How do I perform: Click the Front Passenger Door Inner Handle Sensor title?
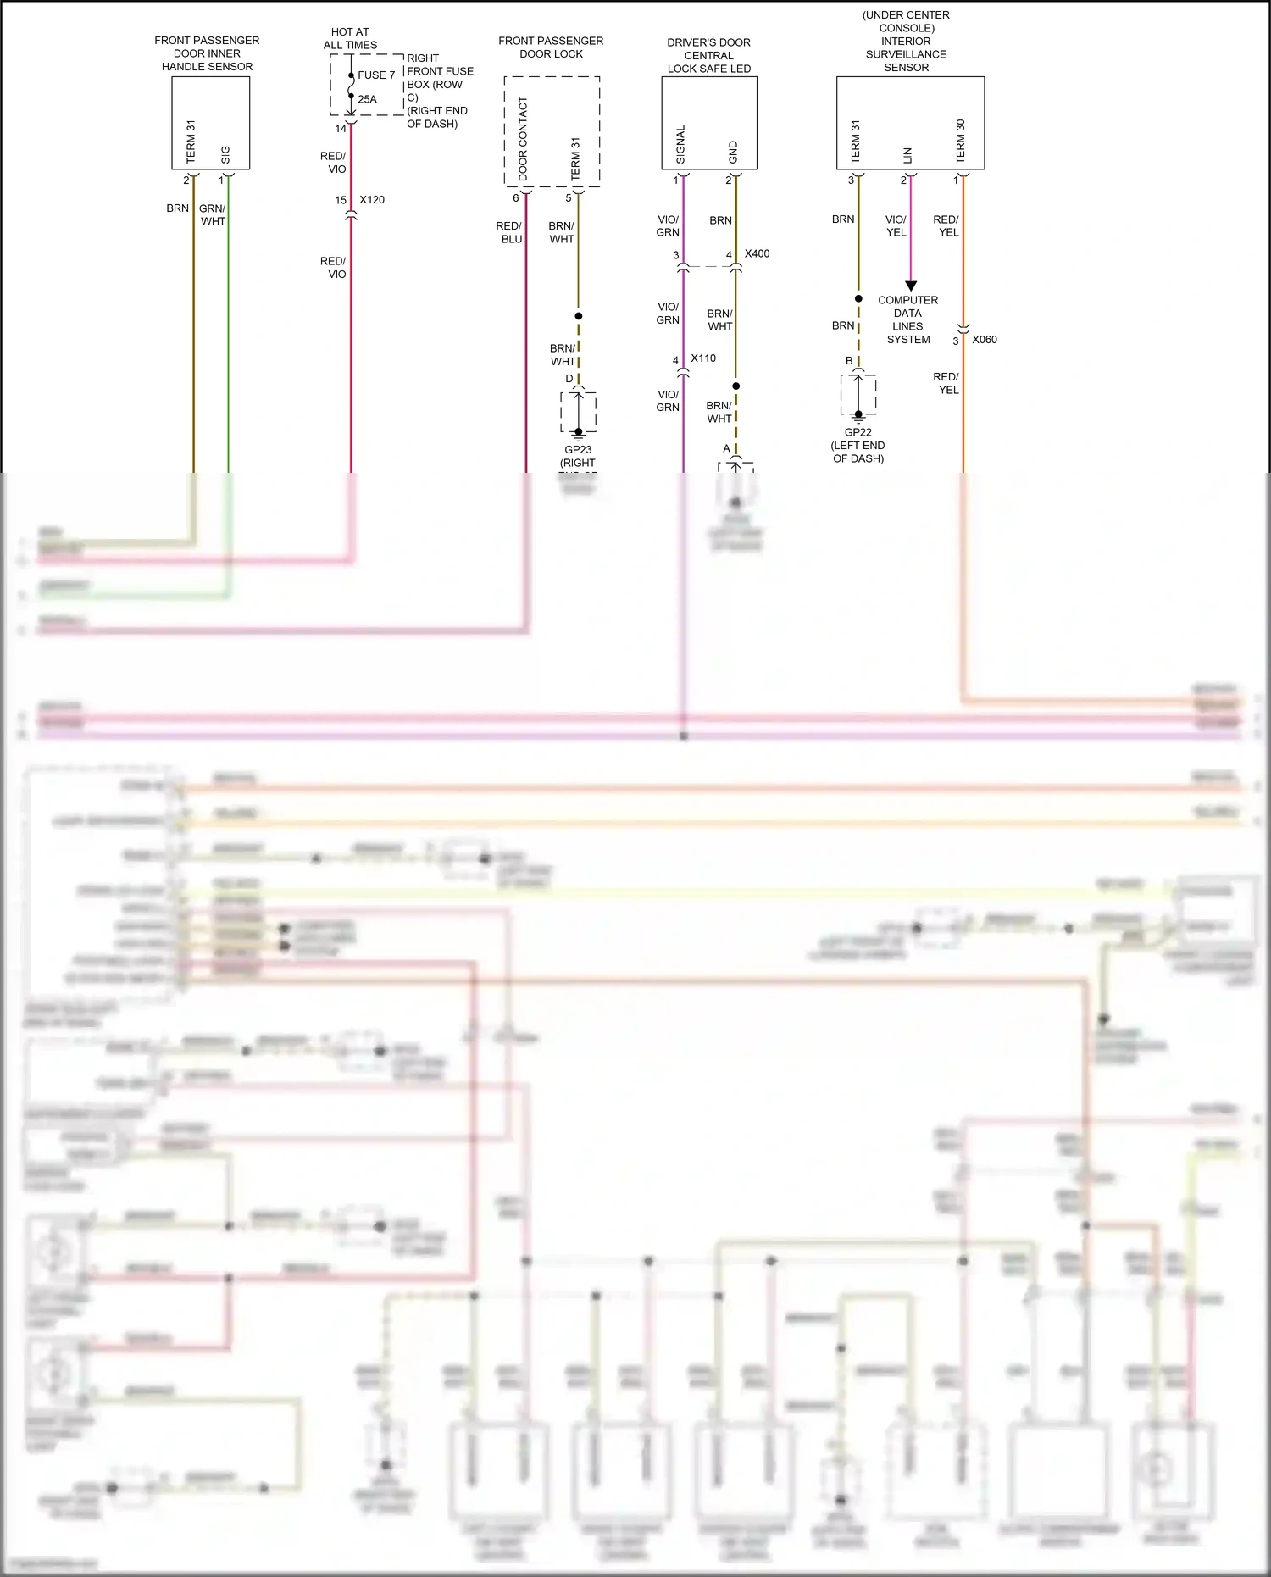pos(207,53)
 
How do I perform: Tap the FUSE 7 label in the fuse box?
pos(376,75)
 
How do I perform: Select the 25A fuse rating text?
pos(367,99)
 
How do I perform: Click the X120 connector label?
pos(372,200)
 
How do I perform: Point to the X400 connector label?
pos(757,253)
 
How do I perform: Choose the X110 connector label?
pos(703,358)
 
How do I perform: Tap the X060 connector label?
pos(985,340)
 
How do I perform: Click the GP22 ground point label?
pos(858,432)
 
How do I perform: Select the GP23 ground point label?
pos(578,450)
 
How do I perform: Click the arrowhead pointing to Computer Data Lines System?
pos(911,286)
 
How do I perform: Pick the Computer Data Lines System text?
pos(908,319)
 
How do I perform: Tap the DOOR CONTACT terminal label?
pos(523,137)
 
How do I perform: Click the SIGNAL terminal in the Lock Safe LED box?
pos(680,145)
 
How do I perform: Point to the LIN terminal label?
pos(907,155)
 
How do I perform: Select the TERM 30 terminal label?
pos(960,141)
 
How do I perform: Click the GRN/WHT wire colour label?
pos(213,214)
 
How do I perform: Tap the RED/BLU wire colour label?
pos(509,232)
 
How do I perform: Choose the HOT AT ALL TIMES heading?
pos(350,38)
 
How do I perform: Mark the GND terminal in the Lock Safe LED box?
pos(733,153)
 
